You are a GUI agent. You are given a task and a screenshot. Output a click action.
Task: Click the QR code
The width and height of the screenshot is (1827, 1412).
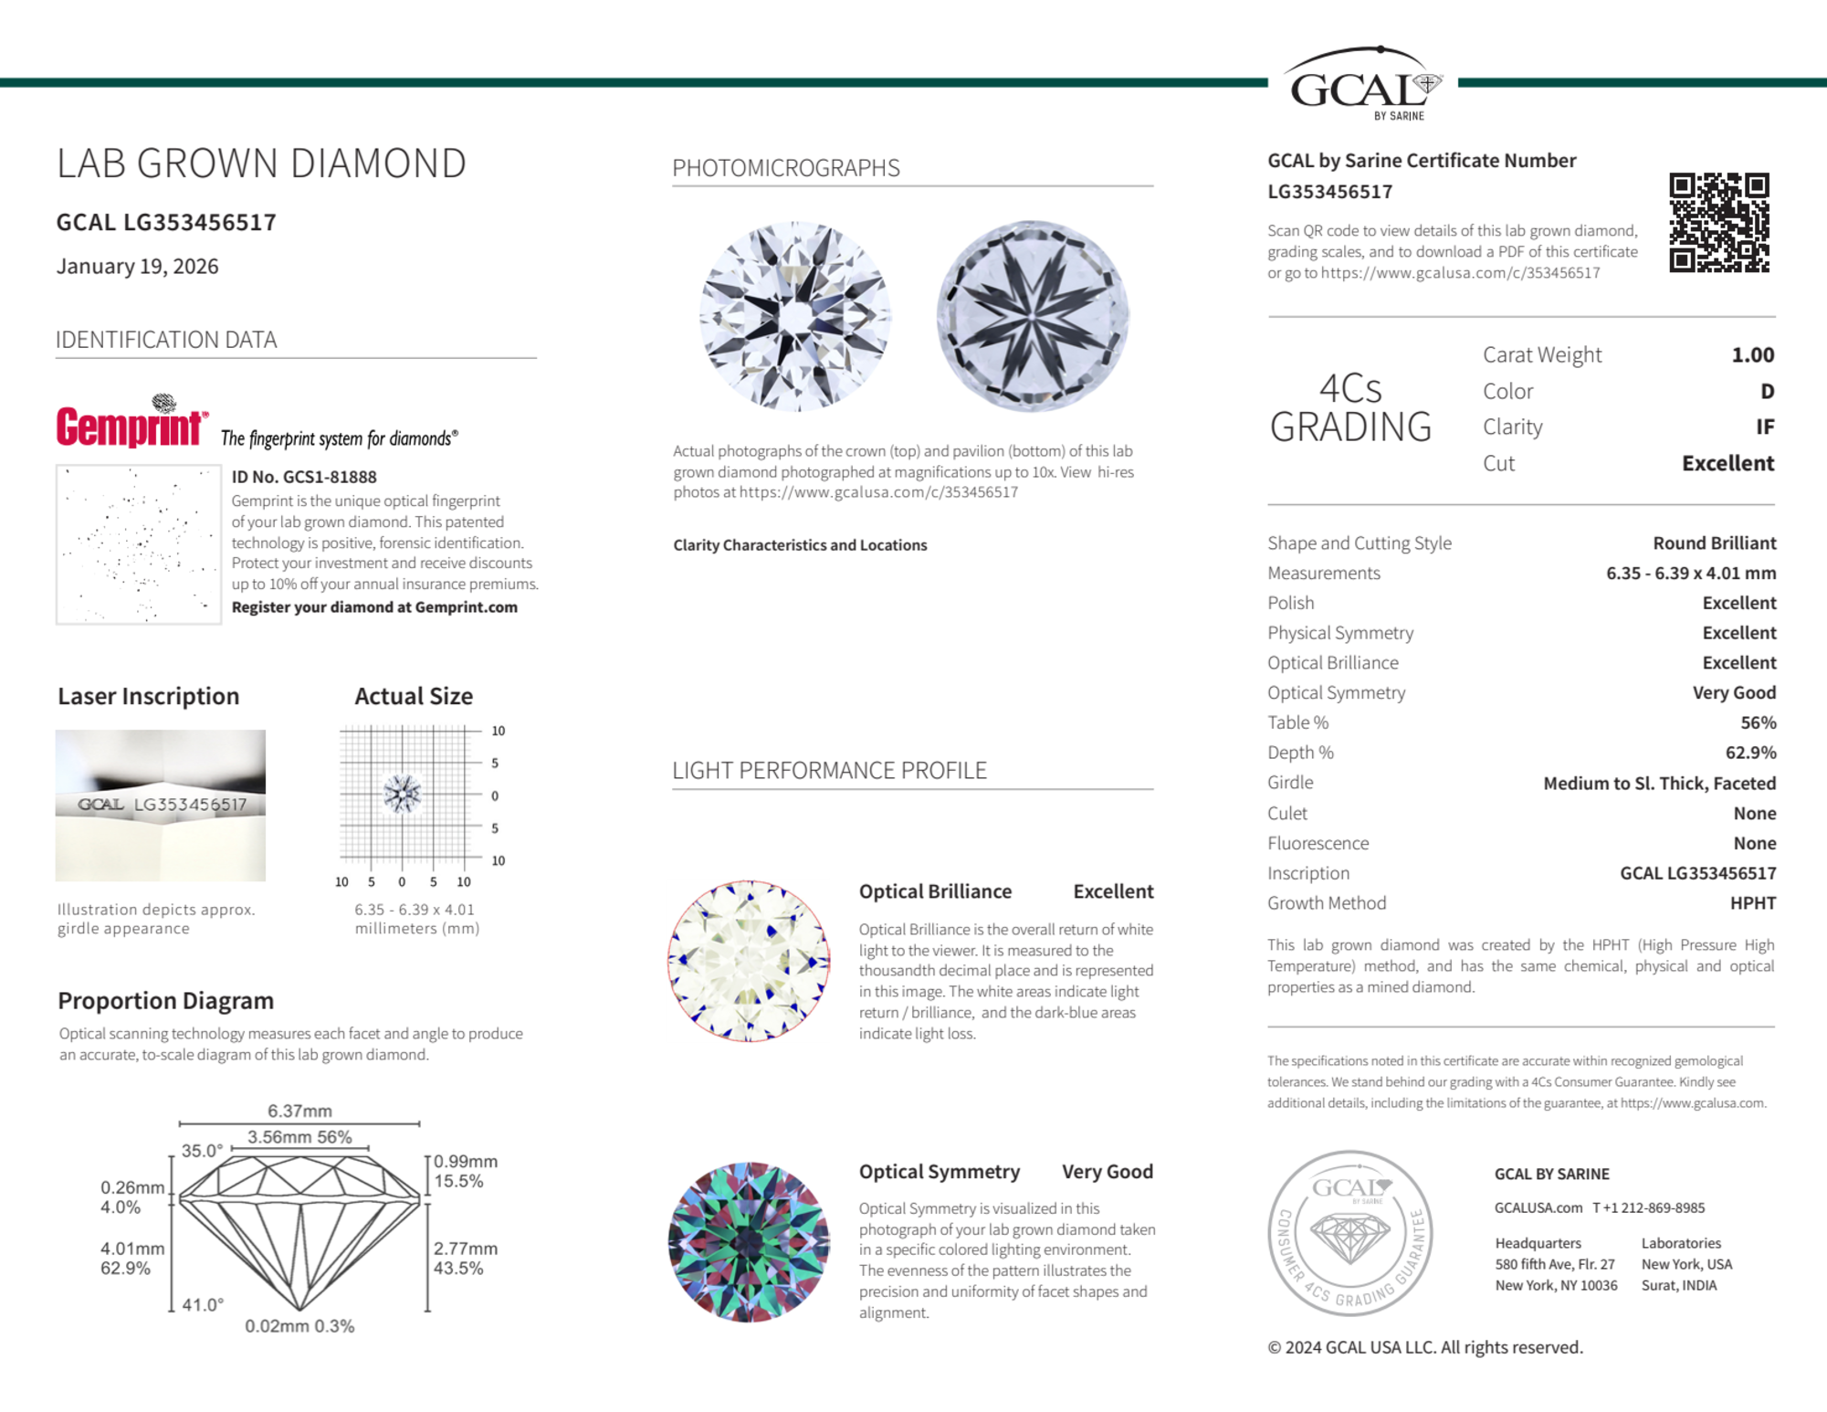[x=1718, y=222]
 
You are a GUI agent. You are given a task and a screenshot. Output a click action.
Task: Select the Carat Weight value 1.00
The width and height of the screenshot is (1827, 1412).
[x=1752, y=354]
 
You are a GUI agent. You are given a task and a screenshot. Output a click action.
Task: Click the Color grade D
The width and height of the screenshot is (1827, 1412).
[x=1767, y=391]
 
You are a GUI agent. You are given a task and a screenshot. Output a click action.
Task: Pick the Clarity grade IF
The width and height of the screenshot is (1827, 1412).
[x=1764, y=427]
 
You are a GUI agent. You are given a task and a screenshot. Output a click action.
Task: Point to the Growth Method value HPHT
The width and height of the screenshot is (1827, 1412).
[x=1752, y=902]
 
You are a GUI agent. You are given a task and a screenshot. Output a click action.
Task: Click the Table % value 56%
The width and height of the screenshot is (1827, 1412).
[x=1758, y=722]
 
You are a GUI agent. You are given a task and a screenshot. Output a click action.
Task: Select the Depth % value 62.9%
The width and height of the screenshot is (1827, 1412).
[x=1750, y=753]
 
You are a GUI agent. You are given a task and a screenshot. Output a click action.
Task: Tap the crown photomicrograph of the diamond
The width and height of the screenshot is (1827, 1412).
[x=795, y=315]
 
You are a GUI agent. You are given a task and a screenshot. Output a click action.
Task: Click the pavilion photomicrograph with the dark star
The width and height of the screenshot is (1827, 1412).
[x=1033, y=315]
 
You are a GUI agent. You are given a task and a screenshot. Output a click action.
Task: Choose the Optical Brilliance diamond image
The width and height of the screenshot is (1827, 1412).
[x=749, y=961]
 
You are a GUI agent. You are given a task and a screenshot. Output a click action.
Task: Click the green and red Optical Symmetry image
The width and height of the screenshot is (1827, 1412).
[x=749, y=1242]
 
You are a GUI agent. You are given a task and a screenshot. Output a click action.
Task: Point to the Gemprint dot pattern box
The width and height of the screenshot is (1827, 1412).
[x=138, y=544]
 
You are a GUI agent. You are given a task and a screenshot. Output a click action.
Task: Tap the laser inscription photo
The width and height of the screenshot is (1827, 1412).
[x=161, y=805]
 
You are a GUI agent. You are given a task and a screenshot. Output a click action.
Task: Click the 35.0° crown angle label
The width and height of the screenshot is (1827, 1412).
[x=202, y=1151]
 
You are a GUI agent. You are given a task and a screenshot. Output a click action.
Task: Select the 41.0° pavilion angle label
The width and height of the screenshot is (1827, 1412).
[x=202, y=1304]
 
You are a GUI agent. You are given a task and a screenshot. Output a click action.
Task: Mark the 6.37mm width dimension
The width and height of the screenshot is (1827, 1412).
[x=299, y=1111]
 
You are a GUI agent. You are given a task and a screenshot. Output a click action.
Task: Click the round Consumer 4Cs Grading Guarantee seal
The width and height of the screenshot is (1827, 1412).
[x=1350, y=1232]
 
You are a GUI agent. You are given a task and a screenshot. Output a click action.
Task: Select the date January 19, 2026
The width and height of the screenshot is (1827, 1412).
[x=138, y=266]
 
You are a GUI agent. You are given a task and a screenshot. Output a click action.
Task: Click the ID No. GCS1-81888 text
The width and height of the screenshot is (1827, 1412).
[x=304, y=477]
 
